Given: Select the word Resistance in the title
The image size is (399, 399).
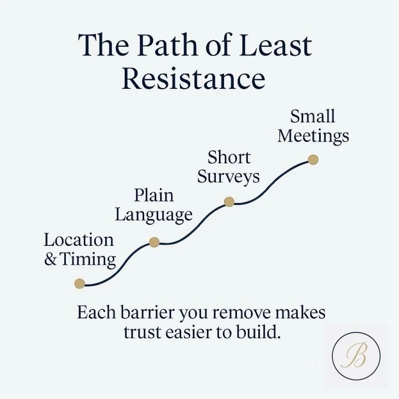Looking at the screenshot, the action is pyautogui.click(x=194, y=78).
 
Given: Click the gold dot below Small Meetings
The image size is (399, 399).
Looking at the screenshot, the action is pyautogui.click(x=313, y=160).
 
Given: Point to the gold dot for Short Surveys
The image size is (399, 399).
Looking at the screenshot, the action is pyautogui.click(x=229, y=201).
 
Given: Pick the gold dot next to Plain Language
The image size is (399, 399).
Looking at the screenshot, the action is pyautogui.click(x=154, y=242).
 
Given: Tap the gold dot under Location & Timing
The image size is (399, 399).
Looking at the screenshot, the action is pyautogui.click(x=79, y=284).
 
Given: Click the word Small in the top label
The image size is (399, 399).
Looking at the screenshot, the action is pyautogui.click(x=312, y=117).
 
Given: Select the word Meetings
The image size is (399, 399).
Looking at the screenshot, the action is pyautogui.click(x=313, y=136).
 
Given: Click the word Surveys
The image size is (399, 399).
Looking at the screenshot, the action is pyautogui.click(x=228, y=177).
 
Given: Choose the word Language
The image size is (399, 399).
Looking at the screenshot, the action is pyautogui.click(x=154, y=215).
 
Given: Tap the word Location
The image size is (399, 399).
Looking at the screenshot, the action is pyautogui.click(x=79, y=240).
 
